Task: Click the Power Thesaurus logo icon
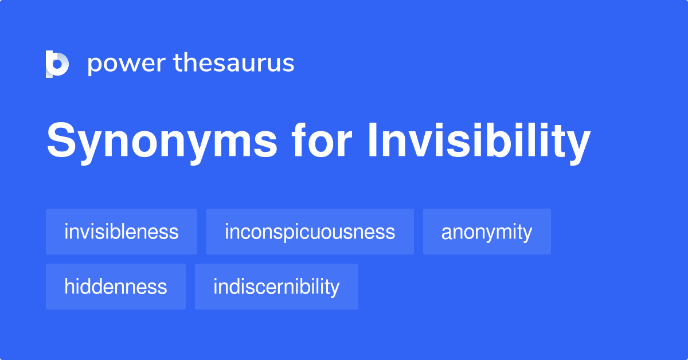(x=57, y=64)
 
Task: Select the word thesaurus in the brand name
(x=234, y=63)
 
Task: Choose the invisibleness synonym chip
(x=122, y=232)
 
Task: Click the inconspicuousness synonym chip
(x=310, y=232)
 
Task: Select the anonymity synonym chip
(x=487, y=232)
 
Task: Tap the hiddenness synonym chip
(x=116, y=287)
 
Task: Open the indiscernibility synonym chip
(x=276, y=287)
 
